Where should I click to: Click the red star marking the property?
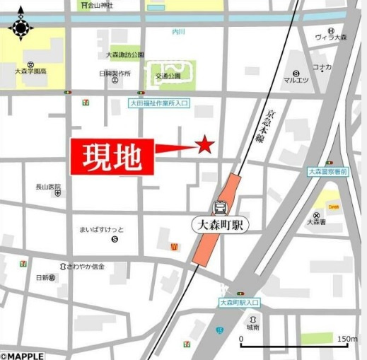pos(205,145)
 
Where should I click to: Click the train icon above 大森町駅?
pos(221,208)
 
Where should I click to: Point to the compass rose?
pos(21,26)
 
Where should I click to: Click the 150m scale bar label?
pos(346,339)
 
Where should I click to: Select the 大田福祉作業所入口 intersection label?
pos(159,103)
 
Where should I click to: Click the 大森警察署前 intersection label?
pos(327,171)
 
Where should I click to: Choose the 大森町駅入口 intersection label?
pos(239,302)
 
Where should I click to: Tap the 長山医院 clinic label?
pos(48,187)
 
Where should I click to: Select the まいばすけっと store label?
pos(102,231)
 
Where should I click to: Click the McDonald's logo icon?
pos(173,246)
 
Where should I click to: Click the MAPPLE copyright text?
pos(22,356)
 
